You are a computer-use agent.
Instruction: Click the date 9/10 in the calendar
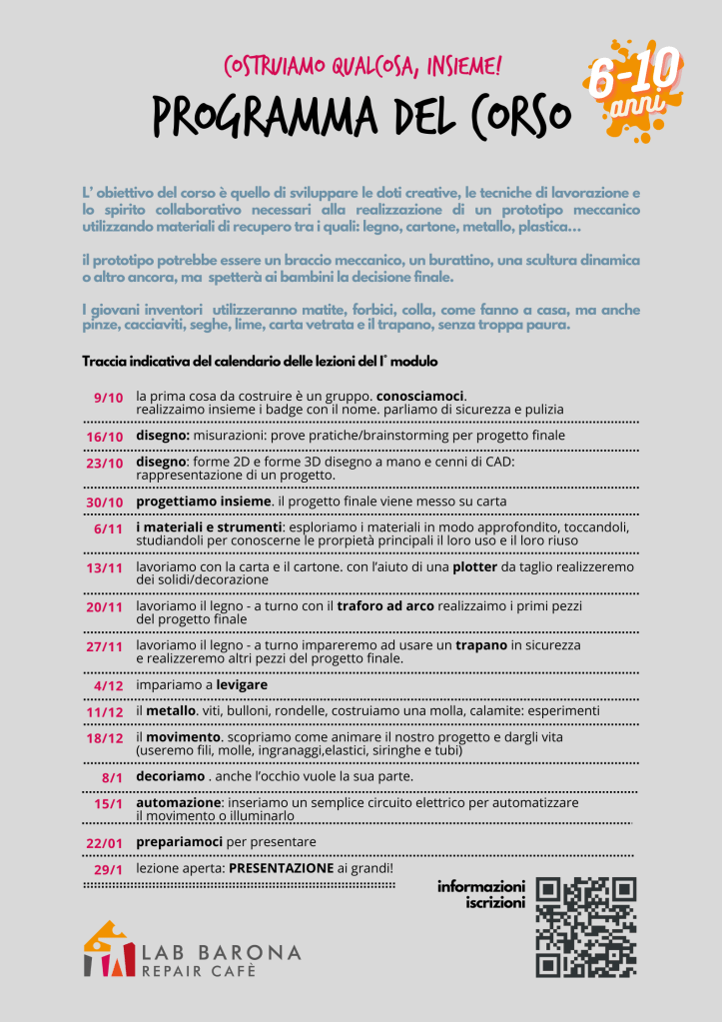pyautogui.click(x=107, y=397)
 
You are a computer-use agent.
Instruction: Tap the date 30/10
pyautogui.click(x=104, y=502)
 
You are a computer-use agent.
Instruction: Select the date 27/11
pyautogui.click(x=104, y=646)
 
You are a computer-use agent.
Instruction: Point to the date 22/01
pyautogui.click(x=104, y=843)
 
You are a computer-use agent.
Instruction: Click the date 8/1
pyautogui.click(x=111, y=776)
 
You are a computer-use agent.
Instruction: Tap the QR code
pyautogui.click(x=585, y=927)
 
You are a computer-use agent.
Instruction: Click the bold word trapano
pyautogui.click(x=482, y=645)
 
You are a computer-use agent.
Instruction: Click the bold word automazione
pyautogui.click(x=179, y=802)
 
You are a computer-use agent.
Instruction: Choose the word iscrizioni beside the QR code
pyautogui.click(x=494, y=903)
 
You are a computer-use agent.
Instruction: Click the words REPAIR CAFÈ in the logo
pyautogui.click(x=198, y=970)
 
